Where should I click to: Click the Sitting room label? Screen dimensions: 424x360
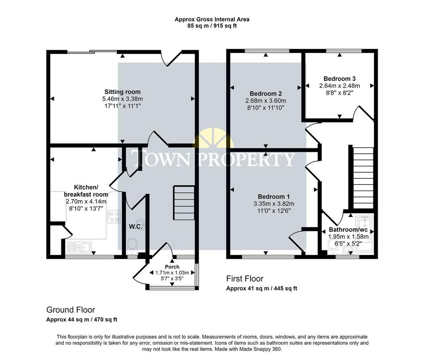click(123, 92)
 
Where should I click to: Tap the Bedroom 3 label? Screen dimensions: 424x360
click(340, 79)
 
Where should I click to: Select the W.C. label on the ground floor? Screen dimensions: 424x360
click(135, 227)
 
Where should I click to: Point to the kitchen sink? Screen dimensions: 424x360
click(79, 247)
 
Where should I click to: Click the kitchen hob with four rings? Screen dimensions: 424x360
click(113, 217)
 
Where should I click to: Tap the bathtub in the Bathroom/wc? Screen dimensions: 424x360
click(365, 234)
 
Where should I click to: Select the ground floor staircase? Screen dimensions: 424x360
click(184, 203)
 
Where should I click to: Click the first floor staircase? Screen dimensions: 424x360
click(363, 178)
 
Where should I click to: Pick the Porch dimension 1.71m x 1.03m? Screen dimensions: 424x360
click(172, 273)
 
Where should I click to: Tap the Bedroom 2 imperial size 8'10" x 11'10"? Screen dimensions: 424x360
click(265, 108)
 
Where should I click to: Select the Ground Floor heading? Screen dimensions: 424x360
click(70, 310)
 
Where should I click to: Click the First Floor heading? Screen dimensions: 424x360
click(245, 278)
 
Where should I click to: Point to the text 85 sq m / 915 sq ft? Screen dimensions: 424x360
click(212, 26)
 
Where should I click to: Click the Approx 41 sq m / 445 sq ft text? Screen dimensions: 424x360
click(262, 288)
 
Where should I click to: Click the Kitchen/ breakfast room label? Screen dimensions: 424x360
click(86, 190)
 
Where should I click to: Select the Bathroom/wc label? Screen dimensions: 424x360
click(348, 230)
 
